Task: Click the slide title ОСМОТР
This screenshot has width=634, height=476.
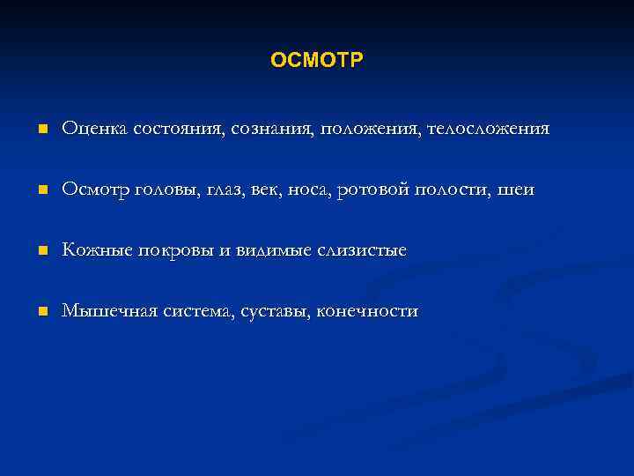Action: pos(317,60)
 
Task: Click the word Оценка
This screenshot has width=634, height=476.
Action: pos(95,129)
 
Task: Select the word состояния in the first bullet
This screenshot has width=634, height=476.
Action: pos(179,129)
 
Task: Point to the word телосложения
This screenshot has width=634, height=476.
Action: pos(488,130)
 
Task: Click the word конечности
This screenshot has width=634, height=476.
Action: pos(367,311)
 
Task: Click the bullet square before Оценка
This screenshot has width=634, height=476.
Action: pos(41,130)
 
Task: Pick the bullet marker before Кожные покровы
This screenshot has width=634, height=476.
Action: pos(41,252)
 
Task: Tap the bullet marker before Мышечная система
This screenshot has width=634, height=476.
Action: pos(41,312)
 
